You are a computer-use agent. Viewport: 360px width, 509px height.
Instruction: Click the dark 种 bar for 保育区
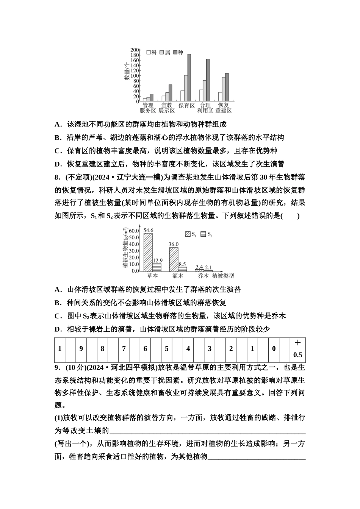(x=189, y=78)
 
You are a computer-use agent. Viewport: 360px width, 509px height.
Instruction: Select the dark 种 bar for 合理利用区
(x=208, y=80)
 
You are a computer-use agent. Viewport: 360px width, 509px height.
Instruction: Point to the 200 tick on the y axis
(x=134, y=50)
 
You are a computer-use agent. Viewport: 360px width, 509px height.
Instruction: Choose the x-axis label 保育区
(x=186, y=106)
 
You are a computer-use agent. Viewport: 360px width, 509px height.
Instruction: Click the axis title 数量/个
(x=126, y=71)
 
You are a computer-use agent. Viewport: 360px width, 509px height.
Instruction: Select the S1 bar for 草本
(x=148, y=252)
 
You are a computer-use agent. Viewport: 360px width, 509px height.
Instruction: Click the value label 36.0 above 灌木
(x=174, y=244)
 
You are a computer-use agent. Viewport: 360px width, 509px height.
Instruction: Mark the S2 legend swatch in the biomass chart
(x=203, y=234)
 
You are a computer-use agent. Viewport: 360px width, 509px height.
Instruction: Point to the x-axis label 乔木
(x=203, y=276)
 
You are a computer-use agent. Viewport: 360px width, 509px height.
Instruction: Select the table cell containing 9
(x=81, y=349)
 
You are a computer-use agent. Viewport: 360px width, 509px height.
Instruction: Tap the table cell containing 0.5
(x=298, y=355)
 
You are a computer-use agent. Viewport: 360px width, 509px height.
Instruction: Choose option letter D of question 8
(x=58, y=329)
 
